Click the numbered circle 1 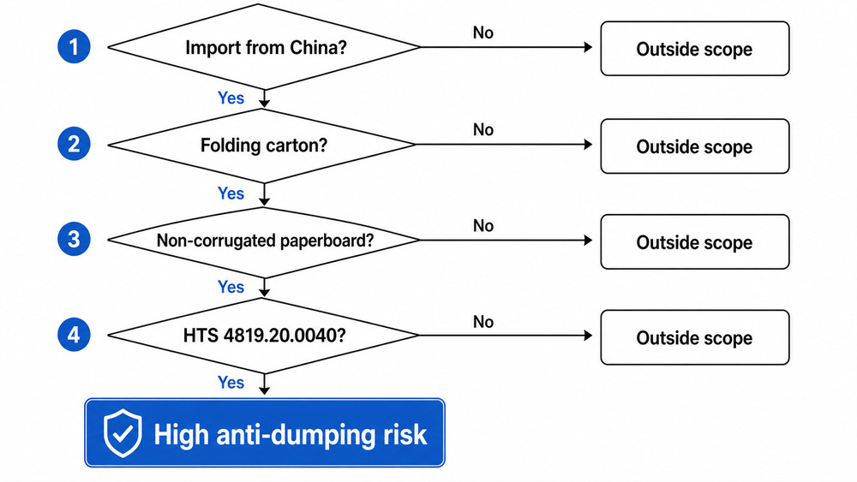[74, 48]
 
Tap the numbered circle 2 [74, 145]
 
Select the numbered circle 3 [74, 240]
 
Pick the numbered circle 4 [74, 336]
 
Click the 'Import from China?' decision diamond [265, 48]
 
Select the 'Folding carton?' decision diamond [265, 145]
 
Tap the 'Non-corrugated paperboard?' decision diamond [265, 241]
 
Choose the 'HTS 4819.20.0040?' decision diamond [265, 336]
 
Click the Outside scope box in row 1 [693, 49]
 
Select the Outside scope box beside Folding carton [693, 146]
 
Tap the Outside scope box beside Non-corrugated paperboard [693, 242]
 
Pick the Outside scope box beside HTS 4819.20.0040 [693, 338]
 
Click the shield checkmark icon [123, 433]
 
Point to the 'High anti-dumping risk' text [290, 434]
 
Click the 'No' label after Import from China [483, 33]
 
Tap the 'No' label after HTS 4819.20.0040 [483, 322]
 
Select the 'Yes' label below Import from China [231, 98]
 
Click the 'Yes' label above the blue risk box [231, 383]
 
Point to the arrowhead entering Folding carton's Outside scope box [587, 146]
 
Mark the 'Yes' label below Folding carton [231, 193]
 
